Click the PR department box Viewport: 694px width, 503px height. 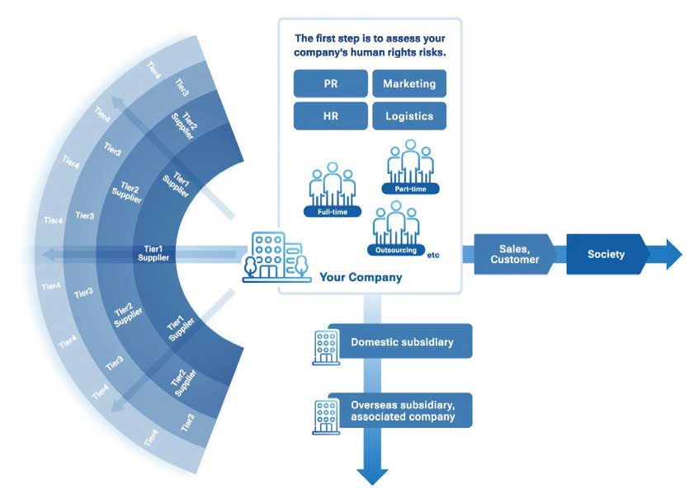(x=330, y=84)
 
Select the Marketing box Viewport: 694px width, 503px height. (x=409, y=84)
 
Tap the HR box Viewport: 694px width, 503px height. (x=330, y=116)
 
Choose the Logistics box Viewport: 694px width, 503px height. (x=409, y=116)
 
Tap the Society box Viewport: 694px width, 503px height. (x=607, y=254)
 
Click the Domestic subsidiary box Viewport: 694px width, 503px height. (x=402, y=341)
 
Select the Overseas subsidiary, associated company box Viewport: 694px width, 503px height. (x=402, y=411)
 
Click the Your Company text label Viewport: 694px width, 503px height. (x=361, y=278)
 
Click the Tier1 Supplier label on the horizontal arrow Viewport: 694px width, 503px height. (x=153, y=253)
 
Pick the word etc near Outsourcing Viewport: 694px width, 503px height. (x=433, y=255)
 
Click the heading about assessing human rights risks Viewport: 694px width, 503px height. (x=369, y=45)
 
